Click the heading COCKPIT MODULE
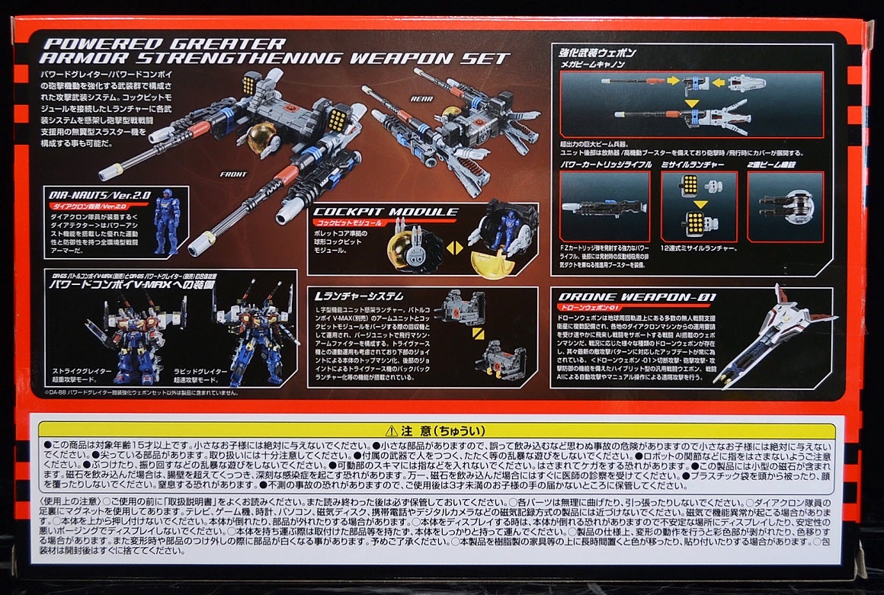(x=384, y=212)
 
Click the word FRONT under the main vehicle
(x=232, y=174)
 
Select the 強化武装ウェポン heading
(x=598, y=53)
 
